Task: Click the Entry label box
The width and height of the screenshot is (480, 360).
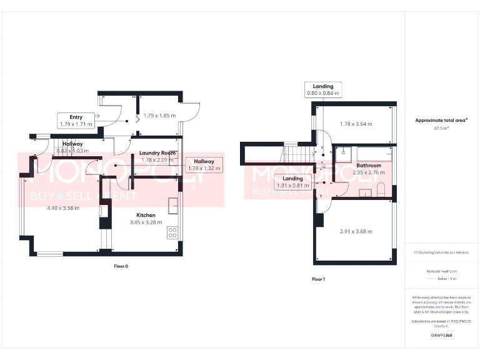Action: point(76,121)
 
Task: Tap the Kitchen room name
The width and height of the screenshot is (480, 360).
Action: point(146,214)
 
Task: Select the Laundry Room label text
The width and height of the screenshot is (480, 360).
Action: point(157,153)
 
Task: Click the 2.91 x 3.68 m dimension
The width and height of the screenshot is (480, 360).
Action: point(356,231)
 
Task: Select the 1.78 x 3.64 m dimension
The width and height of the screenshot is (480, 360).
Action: point(356,124)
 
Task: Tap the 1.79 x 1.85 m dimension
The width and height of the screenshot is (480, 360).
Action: point(159,116)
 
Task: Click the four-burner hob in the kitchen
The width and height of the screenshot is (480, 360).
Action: point(172,232)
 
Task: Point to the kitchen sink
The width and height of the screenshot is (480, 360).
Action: point(173,204)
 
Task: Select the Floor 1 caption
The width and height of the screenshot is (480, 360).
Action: point(318,279)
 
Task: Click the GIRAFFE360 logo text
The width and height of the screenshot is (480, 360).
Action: point(441,336)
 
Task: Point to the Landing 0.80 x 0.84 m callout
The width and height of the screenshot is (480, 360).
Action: point(323,90)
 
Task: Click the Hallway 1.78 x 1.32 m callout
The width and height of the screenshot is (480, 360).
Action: point(204,165)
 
